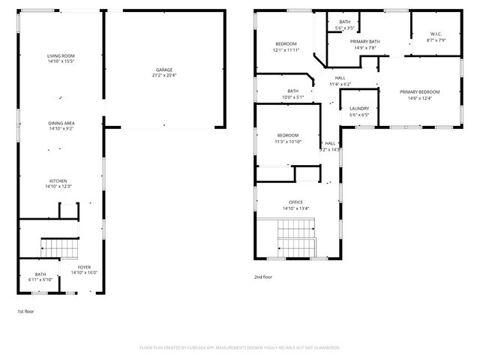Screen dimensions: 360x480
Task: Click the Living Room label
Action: (x=61, y=56)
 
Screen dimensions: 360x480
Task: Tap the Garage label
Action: (x=164, y=70)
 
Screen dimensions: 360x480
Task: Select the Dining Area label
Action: (x=61, y=123)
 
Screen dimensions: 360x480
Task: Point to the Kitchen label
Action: (x=58, y=181)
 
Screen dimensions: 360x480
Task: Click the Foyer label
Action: (x=84, y=267)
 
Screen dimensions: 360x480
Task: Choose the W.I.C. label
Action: (x=436, y=34)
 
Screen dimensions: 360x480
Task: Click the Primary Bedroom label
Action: (x=419, y=91)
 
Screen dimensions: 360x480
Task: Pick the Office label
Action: (x=295, y=202)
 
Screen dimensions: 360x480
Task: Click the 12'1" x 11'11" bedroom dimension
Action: (x=286, y=50)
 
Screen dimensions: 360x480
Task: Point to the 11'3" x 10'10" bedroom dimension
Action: (x=288, y=141)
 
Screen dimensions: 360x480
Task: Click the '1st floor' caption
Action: (x=25, y=310)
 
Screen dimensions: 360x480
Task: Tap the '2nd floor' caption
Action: (x=263, y=277)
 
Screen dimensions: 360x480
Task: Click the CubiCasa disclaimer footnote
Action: (x=240, y=347)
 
